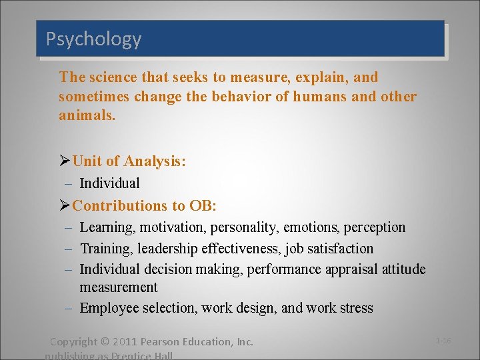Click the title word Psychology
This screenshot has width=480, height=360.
93,39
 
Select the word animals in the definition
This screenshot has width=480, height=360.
85,115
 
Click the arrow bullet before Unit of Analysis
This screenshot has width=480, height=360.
65,161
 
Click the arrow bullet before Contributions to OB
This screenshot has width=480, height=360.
65,205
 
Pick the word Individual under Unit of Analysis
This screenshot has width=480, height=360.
109,183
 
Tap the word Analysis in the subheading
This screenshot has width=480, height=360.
153,161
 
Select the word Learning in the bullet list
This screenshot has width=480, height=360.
107,227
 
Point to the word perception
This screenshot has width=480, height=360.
374,227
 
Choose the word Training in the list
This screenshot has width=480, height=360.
105,249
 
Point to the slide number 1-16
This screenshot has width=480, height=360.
443,341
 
